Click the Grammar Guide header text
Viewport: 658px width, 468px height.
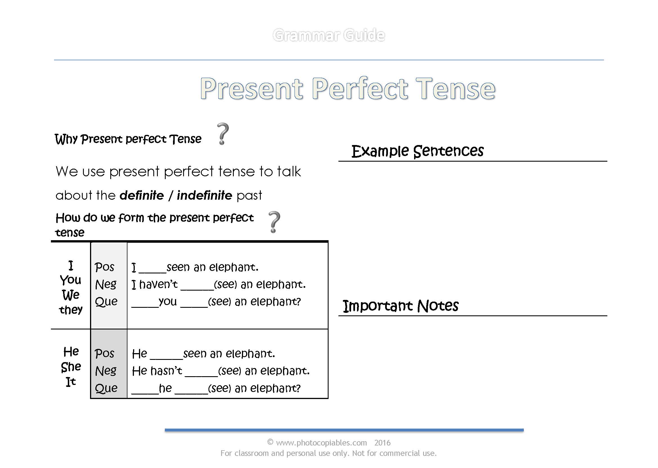328,35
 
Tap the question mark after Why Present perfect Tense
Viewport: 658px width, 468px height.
223,134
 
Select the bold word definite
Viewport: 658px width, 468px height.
142,195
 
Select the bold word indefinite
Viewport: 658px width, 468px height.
204,195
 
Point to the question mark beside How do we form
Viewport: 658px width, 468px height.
274,222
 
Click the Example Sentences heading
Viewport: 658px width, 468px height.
417,151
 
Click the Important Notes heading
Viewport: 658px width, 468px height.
400,306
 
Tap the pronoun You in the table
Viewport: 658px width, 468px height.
71,280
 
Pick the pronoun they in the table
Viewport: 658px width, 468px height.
71,310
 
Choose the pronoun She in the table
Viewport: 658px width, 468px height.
71,367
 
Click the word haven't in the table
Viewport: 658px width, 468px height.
158,284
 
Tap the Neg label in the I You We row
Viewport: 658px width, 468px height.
106,284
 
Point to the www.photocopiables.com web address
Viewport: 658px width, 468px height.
321,442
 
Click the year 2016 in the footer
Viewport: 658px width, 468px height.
382,442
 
